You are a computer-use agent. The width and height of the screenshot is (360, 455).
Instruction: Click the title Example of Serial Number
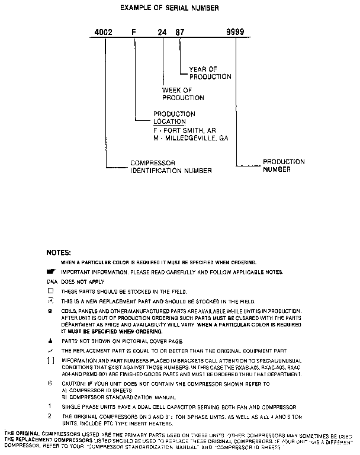point(169,8)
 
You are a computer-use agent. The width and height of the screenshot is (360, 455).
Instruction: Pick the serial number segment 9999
point(236,33)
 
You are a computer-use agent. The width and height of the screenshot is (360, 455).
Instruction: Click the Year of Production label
point(210,73)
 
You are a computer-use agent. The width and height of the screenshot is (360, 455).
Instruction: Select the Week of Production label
point(183,94)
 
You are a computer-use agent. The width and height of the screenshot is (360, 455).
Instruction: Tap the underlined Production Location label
point(174,117)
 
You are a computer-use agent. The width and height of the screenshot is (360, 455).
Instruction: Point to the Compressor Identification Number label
point(171,167)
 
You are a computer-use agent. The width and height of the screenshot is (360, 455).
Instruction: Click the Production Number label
point(284,165)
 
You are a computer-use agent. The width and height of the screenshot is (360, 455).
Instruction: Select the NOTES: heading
point(59,252)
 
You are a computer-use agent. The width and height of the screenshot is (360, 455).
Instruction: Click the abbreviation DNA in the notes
point(52,281)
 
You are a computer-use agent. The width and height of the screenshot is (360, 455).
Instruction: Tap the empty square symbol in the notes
point(50,291)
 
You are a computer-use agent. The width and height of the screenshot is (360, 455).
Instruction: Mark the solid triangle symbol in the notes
point(50,341)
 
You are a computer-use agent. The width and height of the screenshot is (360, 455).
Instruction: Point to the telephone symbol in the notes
point(50,311)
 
